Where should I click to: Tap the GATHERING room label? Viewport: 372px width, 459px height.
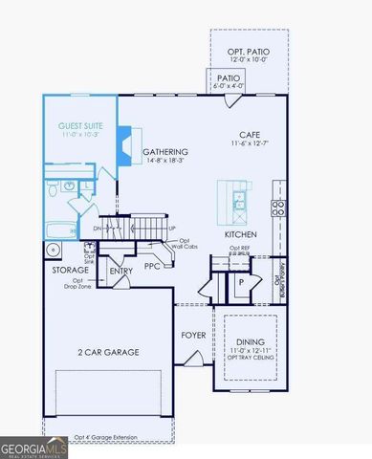pos(164,152)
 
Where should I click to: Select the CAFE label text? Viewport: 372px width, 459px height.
pos(252,135)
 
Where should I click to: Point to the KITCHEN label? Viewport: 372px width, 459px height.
pos(240,234)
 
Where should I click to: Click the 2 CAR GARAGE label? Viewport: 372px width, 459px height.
pos(108,352)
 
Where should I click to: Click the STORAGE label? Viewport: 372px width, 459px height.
pos(70,271)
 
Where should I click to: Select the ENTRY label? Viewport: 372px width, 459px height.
pos(121,272)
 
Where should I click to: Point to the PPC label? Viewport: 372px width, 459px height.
pos(152,265)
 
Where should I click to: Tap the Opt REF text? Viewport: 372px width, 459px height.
pos(239,249)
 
